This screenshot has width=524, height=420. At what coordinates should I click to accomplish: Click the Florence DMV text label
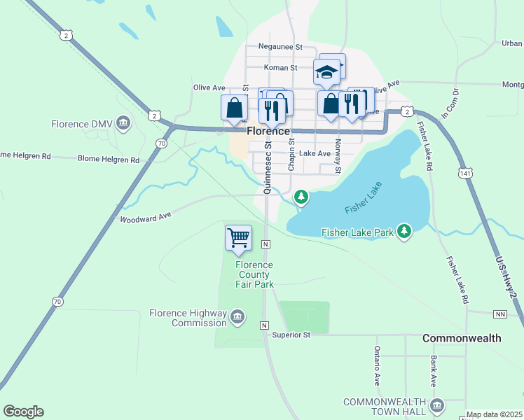(x=82, y=125)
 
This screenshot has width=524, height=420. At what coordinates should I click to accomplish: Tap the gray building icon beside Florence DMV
(x=124, y=124)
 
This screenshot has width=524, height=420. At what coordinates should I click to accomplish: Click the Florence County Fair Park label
(x=254, y=274)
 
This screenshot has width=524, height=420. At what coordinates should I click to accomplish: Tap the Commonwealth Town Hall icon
(x=436, y=405)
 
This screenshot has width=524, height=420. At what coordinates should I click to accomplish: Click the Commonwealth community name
(x=462, y=338)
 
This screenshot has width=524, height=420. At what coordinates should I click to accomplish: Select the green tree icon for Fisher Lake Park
(x=404, y=231)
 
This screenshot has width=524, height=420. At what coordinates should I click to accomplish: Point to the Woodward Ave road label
(x=146, y=218)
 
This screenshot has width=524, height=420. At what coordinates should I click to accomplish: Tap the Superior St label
(x=291, y=335)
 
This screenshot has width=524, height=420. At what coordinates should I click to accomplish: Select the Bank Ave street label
(x=434, y=371)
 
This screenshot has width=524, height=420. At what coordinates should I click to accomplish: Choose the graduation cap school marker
(x=326, y=71)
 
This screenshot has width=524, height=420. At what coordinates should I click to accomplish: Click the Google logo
(x=23, y=412)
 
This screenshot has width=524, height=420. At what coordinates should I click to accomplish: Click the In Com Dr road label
(x=449, y=101)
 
